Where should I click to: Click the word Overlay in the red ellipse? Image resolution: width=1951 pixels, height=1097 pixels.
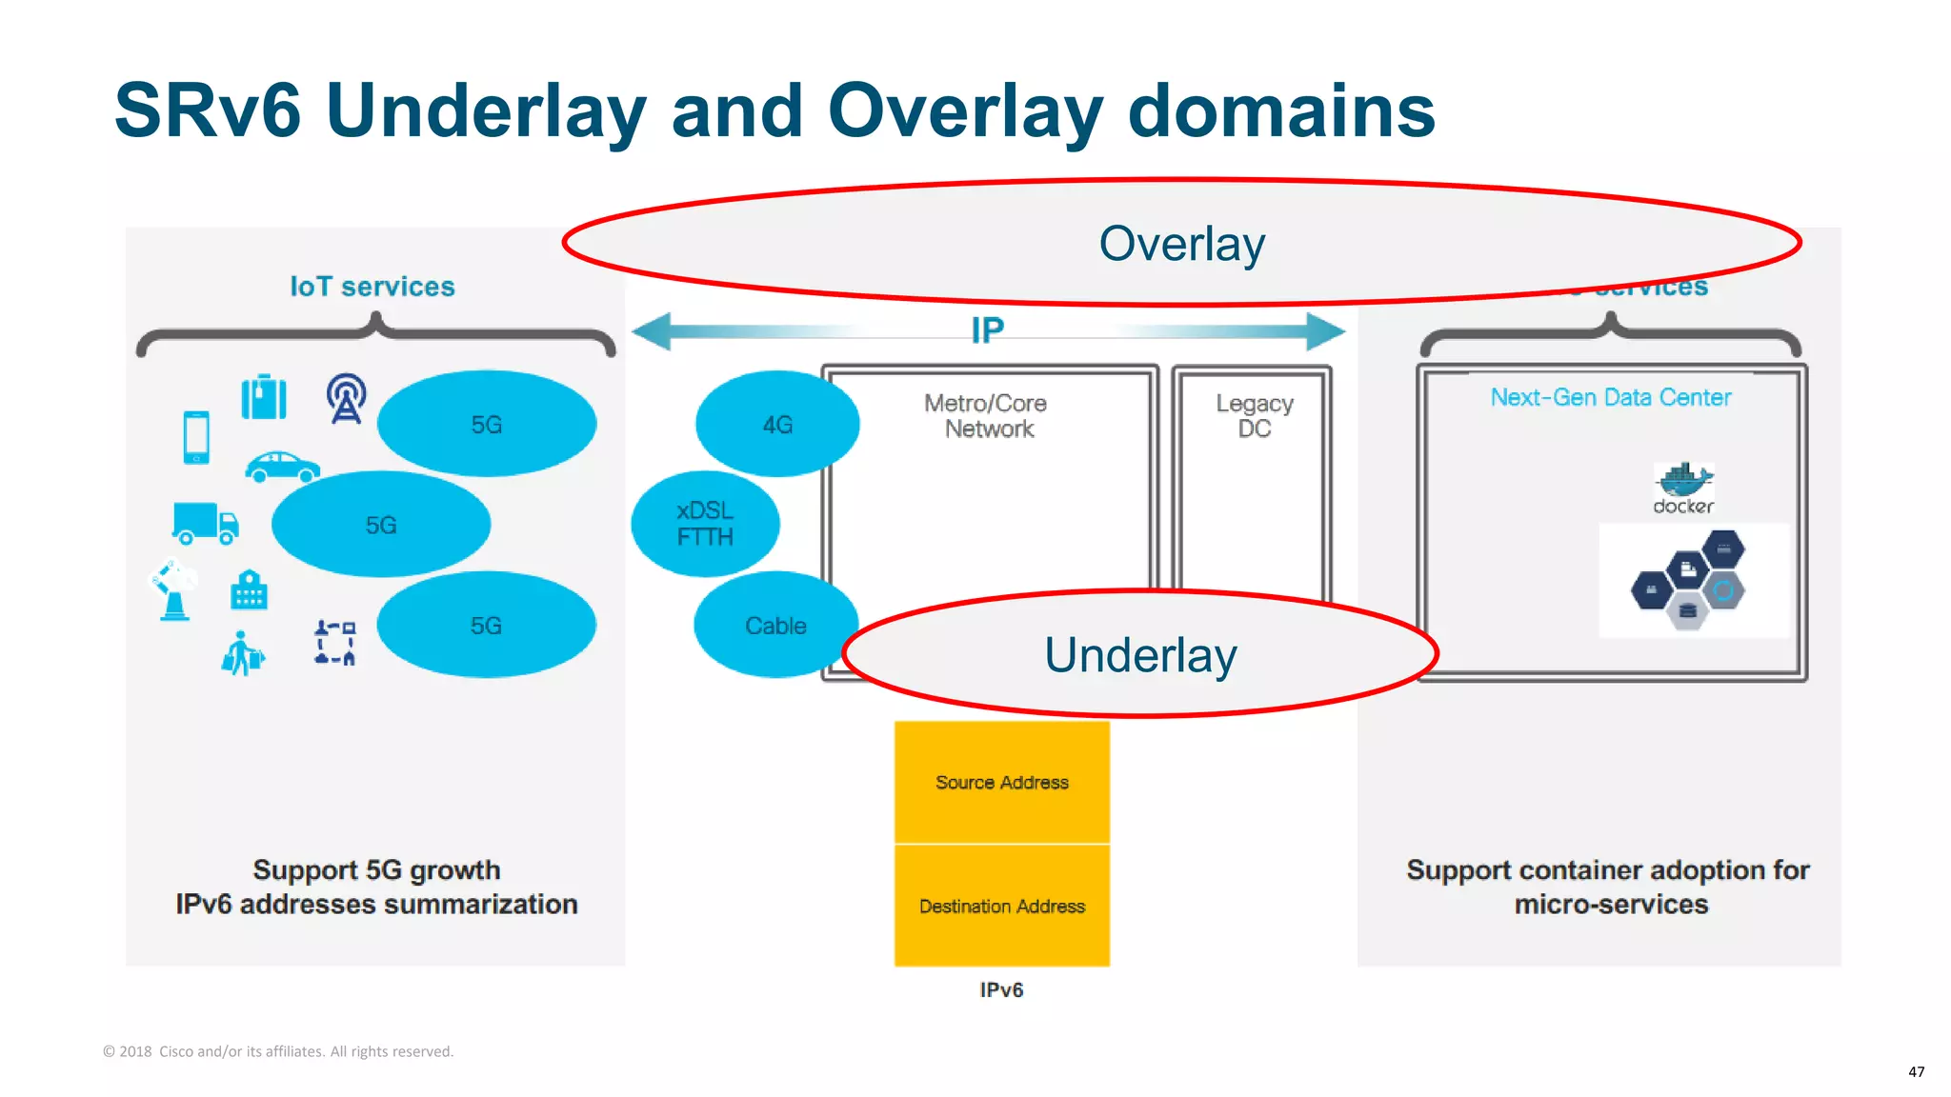[x=1181, y=244]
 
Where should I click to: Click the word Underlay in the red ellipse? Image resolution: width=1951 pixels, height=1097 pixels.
[x=1140, y=655]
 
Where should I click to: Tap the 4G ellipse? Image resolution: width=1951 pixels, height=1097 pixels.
[x=777, y=424]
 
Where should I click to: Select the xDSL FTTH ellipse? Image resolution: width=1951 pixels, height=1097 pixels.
[x=705, y=524]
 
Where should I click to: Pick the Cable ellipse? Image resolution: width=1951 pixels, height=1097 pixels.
[x=775, y=626]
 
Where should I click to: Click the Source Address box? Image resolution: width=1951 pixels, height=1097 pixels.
[x=1002, y=782]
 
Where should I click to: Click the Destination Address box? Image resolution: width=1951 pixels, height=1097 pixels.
[x=1002, y=906]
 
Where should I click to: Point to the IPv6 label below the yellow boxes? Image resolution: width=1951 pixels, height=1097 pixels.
[x=1001, y=990]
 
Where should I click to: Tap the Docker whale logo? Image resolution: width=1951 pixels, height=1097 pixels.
[x=1683, y=479]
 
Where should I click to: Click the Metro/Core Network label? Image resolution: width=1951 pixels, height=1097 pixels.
[x=986, y=416]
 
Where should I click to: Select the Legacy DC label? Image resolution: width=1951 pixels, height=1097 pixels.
[x=1254, y=416]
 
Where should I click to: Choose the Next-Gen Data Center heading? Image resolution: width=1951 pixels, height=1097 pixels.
[x=1610, y=397]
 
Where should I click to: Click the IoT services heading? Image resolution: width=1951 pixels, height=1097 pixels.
[x=372, y=287]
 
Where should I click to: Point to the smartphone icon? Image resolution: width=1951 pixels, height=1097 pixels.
[x=196, y=437]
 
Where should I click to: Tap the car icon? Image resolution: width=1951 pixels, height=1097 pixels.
[x=282, y=467]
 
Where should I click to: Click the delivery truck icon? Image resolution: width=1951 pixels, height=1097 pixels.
[x=205, y=523]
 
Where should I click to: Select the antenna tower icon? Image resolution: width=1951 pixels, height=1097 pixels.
[x=346, y=398]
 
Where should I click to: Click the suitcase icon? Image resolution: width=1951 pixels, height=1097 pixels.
[x=264, y=397]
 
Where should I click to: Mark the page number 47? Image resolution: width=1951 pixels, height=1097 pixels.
[x=1916, y=1071]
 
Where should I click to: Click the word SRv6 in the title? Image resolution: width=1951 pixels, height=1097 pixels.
[x=208, y=110]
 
